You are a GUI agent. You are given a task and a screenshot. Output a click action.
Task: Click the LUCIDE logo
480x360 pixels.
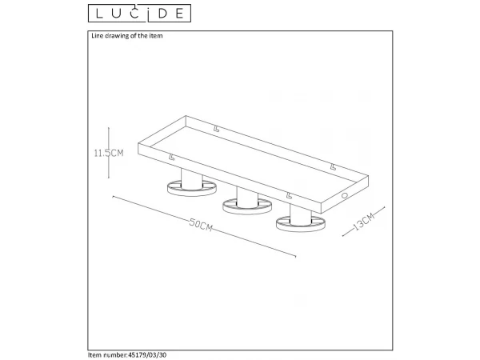point(139,13)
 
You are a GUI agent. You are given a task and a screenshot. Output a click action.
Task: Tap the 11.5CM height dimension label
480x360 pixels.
point(109,153)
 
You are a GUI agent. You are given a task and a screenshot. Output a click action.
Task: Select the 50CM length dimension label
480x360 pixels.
point(201,224)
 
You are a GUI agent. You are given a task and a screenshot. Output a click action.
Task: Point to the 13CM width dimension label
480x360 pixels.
point(364,222)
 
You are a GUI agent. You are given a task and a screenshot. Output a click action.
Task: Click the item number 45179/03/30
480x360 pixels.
point(147,354)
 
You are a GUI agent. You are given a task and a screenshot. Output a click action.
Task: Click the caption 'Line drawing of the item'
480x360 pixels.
point(127,36)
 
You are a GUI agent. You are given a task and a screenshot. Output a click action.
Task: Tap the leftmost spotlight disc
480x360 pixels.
point(192,188)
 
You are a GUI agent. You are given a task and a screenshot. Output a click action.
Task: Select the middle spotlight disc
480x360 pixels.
point(246,206)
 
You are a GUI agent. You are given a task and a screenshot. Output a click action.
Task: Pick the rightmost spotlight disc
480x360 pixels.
point(301,224)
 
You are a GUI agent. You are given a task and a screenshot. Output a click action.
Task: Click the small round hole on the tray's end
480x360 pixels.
point(345,195)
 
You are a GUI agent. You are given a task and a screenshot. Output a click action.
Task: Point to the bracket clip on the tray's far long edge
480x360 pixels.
point(217,129)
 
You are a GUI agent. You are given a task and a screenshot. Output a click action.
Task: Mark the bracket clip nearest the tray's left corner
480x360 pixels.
point(172,157)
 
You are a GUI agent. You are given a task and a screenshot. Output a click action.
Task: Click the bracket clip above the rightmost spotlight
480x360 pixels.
point(289,195)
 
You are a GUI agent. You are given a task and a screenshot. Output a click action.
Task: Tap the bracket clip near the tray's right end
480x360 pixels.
point(334,167)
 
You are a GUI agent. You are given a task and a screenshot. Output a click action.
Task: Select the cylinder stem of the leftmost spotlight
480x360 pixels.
point(192,179)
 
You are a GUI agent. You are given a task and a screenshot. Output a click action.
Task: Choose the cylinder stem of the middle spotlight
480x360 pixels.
point(247,198)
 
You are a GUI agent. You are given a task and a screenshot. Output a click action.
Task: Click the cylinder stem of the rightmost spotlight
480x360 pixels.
point(301,215)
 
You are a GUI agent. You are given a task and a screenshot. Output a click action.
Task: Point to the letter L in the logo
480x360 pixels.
point(99,14)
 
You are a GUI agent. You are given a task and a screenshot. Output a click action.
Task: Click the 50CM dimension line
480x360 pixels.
point(204,226)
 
